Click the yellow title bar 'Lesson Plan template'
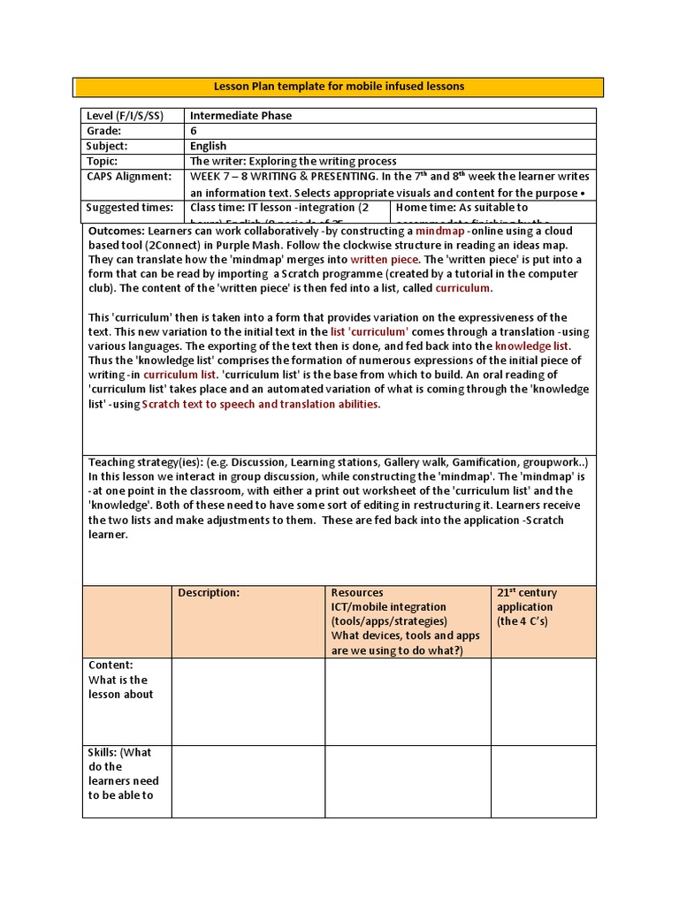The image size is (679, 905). click(x=339, y=87)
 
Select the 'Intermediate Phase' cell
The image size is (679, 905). click(x=240, y=116)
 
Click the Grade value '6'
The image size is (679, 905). click(x=194, y=131)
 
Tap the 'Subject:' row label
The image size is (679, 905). click(x=107, y=146)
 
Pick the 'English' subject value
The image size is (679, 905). click(x=209, y=146)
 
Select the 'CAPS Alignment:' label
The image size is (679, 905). click(x=128, y=176)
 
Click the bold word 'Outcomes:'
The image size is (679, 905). click(x=118, y=230)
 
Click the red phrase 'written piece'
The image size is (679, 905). click(x=385, y=260)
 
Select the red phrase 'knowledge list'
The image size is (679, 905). click(x=532, y=346)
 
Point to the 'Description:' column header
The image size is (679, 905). click(x=209, y=593)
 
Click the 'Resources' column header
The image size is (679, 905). click(x=357, y=593)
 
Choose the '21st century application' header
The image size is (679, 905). click(x=526, y=606)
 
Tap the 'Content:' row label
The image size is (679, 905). click(x=111, y=665)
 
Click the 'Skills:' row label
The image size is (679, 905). click(x=108, y=753)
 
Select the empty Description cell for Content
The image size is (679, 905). click(x=248, y=701)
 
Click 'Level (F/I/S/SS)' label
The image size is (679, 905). click(x=125, y=116)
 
